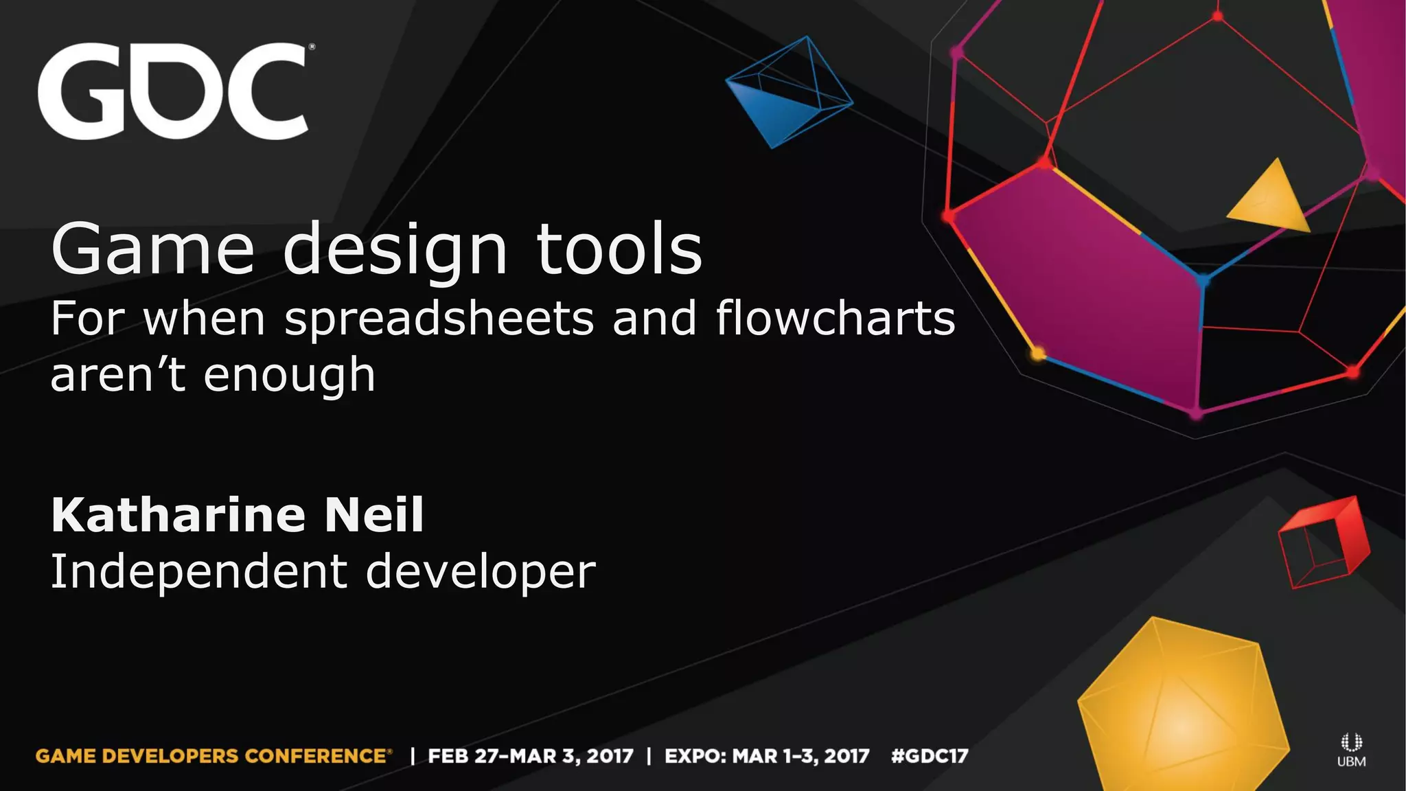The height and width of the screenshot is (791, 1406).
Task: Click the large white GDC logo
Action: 173,91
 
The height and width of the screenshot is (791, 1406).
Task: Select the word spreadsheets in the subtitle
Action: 439,319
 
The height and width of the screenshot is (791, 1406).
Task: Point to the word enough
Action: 290,376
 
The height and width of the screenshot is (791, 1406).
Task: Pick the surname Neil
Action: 374,515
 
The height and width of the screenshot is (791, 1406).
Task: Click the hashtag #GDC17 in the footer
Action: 930,756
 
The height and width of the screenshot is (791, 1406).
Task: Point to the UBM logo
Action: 1351,750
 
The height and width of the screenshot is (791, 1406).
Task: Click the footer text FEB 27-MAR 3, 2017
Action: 530,756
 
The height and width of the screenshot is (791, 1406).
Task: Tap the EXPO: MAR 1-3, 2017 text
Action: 767,756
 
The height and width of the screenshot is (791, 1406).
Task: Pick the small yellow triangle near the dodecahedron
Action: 1270,199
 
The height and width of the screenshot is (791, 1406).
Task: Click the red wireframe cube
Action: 1323,542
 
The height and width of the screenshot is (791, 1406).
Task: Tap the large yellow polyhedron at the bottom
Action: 1181,707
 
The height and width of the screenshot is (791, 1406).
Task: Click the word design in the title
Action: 395,251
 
